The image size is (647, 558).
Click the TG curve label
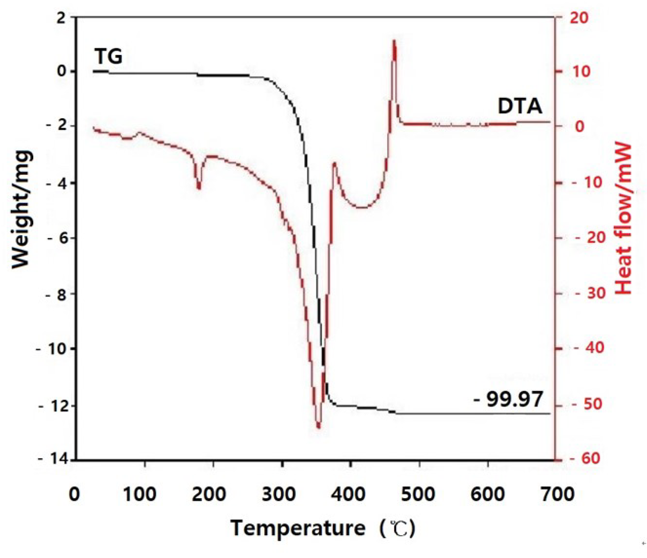[x=108, y=56]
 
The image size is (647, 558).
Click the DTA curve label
[x=519, y=106]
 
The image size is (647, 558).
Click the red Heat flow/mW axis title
[x=624, y=219]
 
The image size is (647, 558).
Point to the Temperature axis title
[x=298, y=528]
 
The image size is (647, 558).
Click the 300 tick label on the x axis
[x=279, y=495]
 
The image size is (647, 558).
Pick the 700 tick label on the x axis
[x=557, y=495]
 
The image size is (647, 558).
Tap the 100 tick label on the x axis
[x=140, y=495]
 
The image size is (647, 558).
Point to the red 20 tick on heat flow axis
[x=579, y=17]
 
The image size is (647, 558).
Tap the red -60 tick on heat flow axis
[x=586, y=458]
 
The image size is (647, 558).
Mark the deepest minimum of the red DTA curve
[x=318, y=427]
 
